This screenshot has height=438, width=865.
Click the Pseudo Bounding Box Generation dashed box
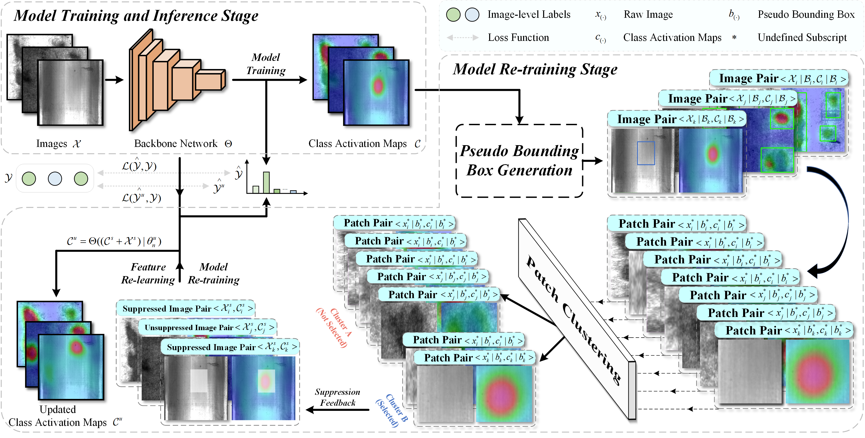click(x=519, y=161)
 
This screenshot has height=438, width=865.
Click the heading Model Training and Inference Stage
click(x=136, y=16)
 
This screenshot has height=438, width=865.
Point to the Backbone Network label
click(x=176, y=144)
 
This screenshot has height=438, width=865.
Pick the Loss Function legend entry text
click(x=518, y=37)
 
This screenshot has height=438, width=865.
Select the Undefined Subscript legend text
click(x=802, y=37)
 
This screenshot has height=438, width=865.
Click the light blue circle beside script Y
click(x=55, y=178)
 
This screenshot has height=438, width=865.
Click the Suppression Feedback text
click(x=338, y=397)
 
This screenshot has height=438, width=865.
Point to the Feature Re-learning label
click(x=148, y=273)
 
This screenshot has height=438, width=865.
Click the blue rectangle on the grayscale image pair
click(x=646, y=153)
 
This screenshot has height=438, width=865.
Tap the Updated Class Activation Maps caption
click(x=58, y=416)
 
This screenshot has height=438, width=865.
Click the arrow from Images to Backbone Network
click(x=114, y=80)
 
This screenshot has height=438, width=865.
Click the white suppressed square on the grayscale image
click(x=199, y=381)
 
